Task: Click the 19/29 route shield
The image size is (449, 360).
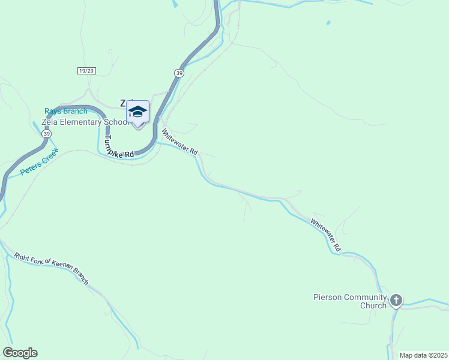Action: pyautogui.click(x=86, y=71)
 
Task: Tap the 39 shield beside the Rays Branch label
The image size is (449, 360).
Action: pyautogui.click(x=46, y=133)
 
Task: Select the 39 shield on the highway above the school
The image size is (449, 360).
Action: pyautogui.click(x=179, y=73)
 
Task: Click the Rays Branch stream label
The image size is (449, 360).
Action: pyautogui.click(x=65, y=111)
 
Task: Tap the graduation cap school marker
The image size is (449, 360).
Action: pyautogui.click(x=137, y=112)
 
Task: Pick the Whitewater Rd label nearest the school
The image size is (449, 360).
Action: pyautogui.click(x=179, y=144)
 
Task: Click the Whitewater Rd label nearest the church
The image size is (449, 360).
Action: pyautogui.click(x=325, y=235)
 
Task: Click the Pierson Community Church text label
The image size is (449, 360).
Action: pyautogui.click(x=349, y=301)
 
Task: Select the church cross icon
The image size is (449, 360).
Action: pyautogui.click(x=396, y=300)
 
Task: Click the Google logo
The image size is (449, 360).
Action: pyautogui.click(x=20, y=353)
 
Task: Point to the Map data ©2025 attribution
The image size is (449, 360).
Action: pyautogui.click(x=423, y=355)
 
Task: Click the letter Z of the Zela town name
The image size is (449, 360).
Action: pyautogui.click(x=123, y=103)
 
